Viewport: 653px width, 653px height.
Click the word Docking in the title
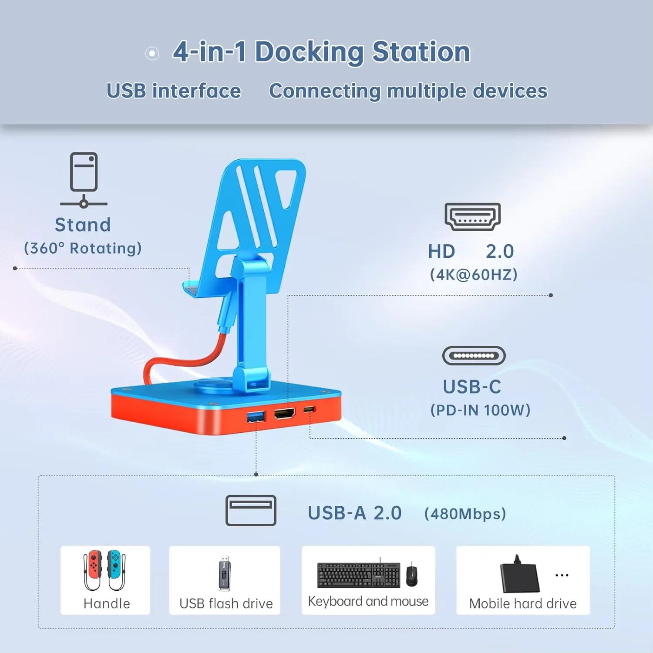click(309, 52)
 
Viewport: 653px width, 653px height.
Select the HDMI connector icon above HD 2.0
click(472, 216)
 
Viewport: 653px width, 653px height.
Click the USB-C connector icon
click(474, 356)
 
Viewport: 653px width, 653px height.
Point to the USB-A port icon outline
click(251, 510)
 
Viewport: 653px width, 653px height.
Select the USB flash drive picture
click(224, 573)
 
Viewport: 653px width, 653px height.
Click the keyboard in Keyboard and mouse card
click(358, 575)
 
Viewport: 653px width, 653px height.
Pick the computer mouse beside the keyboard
click(411, 575)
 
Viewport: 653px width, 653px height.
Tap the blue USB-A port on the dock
click(256, 417)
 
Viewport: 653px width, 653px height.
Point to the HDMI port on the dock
click(285, 413)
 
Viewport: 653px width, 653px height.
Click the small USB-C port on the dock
click(309, 409)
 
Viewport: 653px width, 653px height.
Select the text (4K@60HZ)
click(474, 275)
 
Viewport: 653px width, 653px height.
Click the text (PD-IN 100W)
click(480, 410)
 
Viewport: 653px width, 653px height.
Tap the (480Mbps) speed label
click(465, 514)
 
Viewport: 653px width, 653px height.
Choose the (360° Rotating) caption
click(83, 248)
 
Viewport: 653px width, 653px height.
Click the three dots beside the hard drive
click(562, 575)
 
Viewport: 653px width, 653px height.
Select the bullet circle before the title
click(152, 54)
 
